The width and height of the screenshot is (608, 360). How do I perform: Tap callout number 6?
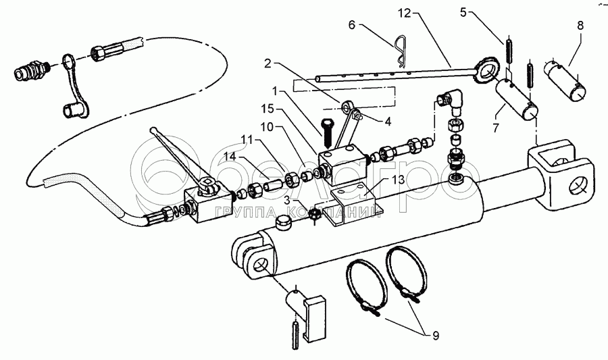[351, 25]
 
